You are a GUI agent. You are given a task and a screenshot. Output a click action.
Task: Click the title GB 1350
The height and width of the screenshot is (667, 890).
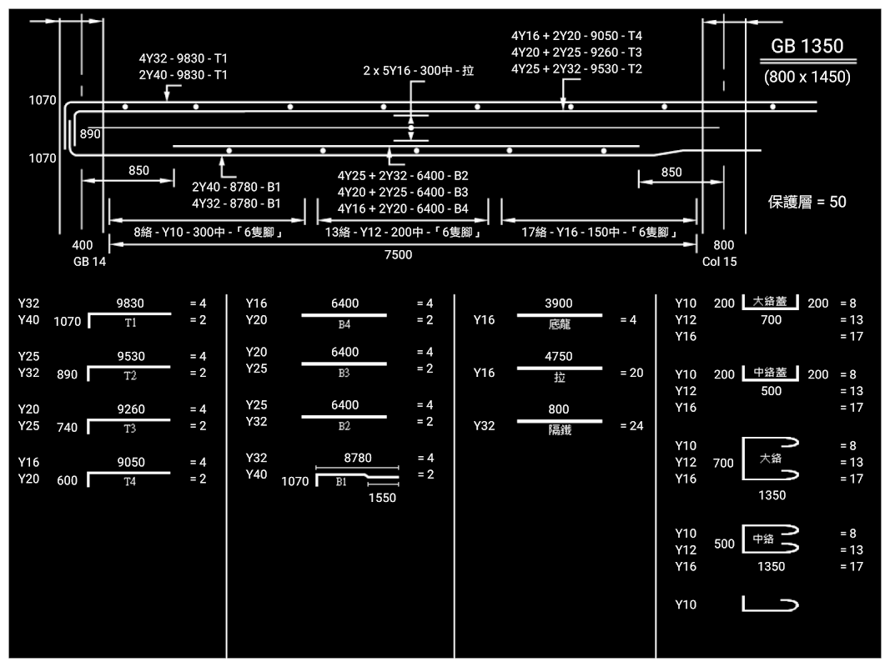tap(807, 47)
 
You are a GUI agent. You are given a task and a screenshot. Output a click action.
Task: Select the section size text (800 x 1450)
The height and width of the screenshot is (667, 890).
tap(807, 77)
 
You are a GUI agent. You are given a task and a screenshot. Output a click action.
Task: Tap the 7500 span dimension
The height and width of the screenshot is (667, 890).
tap(398, 255)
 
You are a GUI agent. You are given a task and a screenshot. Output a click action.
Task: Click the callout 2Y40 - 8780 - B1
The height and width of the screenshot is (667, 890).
tap(236, 187)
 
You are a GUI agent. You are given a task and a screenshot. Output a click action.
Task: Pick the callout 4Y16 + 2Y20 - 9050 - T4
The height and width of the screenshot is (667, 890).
tap(576, 36)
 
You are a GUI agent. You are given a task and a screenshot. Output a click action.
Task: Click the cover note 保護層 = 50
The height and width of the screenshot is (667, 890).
tap(807, 202)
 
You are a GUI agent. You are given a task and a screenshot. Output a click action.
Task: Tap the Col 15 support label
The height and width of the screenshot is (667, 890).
tap(719, 261)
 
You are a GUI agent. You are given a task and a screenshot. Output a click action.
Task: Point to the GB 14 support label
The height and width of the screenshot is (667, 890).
tap(89, 261)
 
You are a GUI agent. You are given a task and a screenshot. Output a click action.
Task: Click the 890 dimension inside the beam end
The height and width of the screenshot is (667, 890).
tap(90, 133)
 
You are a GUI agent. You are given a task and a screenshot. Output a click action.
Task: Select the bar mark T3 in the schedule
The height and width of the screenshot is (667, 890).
tap(130, 429)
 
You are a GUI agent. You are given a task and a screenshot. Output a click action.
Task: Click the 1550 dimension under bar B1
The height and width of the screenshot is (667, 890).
tap(383, 498)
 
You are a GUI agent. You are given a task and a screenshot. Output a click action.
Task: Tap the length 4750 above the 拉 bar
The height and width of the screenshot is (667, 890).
tap(558, 357)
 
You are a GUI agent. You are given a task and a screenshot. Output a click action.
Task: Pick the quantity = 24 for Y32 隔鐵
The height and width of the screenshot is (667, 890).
tap(631, 426)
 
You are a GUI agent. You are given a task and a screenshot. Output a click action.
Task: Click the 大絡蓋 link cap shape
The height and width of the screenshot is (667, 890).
tap(771, 302)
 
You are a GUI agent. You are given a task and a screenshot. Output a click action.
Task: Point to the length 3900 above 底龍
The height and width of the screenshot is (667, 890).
tap(558, 303)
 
